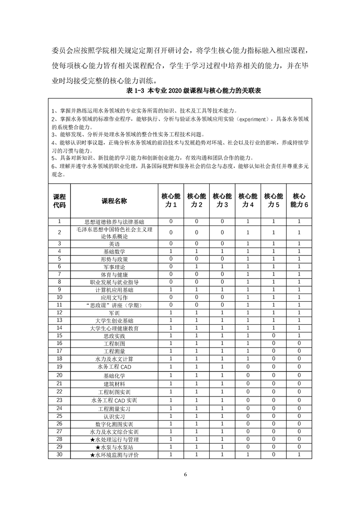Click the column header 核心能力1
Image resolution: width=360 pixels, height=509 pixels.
(171, 201)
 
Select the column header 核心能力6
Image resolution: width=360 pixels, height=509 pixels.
(299, 201)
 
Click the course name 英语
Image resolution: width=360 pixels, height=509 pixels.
(114, 244)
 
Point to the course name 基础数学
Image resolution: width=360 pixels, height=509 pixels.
(114, 251)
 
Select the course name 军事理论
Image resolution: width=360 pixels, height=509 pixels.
(114, 267)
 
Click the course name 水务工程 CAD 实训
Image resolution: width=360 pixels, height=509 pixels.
(114, 401)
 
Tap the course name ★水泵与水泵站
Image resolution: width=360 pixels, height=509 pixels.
(114, 447)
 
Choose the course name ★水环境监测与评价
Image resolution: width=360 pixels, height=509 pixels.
(114, 455)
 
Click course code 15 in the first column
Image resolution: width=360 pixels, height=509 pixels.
(59, 336)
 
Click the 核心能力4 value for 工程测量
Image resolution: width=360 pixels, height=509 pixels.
(248, 351)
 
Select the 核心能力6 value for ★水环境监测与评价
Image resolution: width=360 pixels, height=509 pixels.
(299, 455)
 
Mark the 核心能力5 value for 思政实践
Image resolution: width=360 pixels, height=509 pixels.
(274, 336)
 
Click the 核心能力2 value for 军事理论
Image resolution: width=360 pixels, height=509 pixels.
(197, 267)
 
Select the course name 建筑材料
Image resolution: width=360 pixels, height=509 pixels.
(114, 384)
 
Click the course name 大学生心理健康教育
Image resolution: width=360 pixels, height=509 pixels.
(114, 328)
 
